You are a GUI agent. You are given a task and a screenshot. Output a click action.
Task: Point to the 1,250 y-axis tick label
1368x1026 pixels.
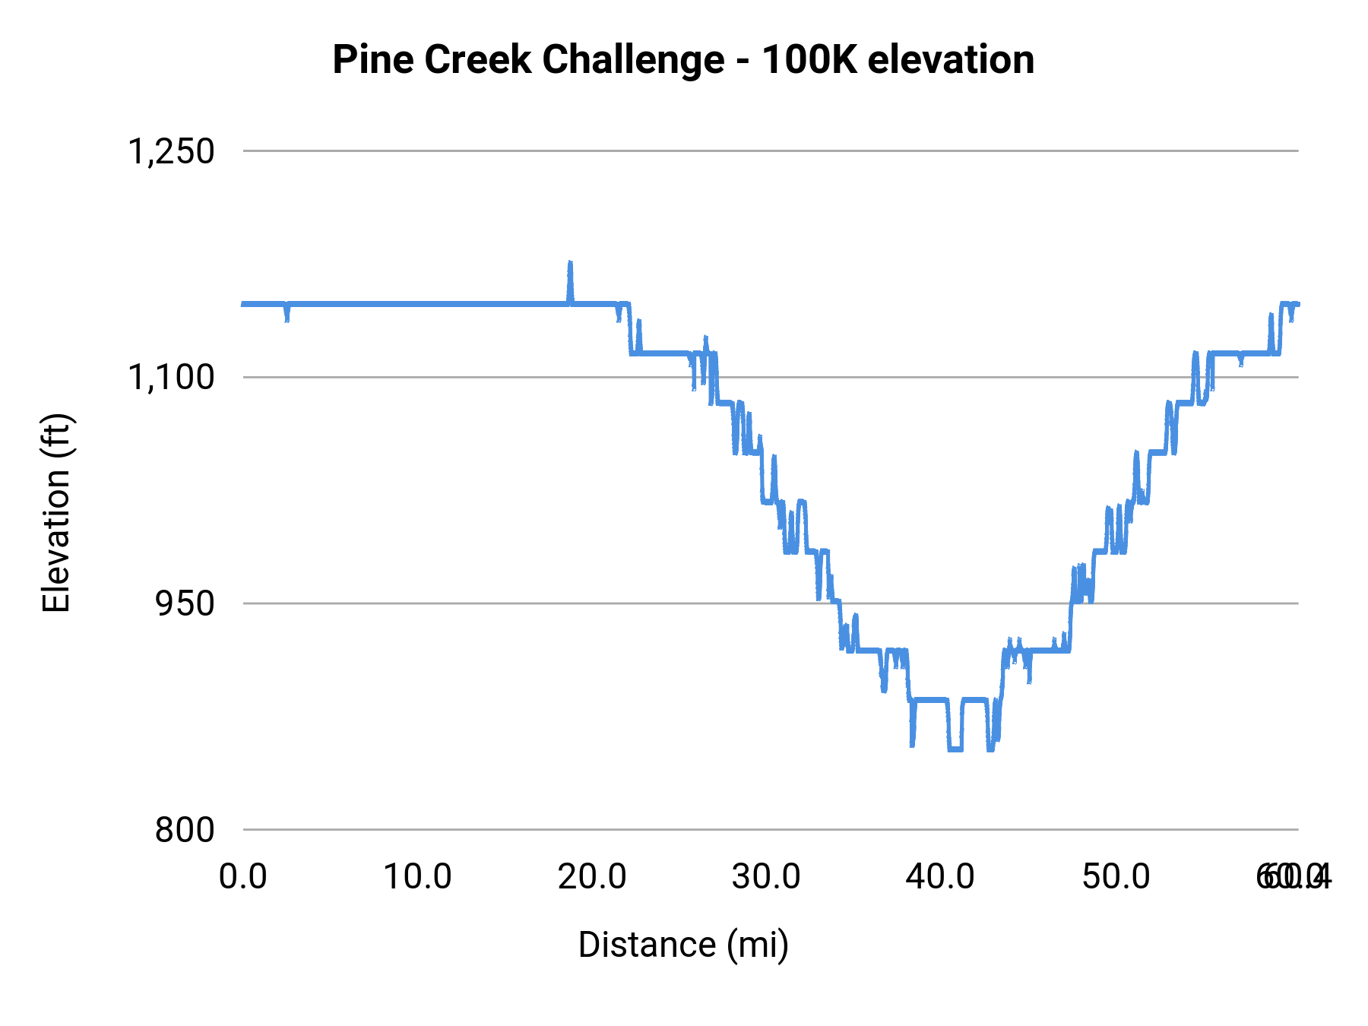pyautogui.click(x=171, y=151)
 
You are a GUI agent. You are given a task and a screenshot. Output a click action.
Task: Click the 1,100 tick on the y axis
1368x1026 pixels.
pyautogui.click(x=171, y=377)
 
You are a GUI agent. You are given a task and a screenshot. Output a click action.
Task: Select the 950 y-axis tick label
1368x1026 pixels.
pyautogui.click(x=185, y=603)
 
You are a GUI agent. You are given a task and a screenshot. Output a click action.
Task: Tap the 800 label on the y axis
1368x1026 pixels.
pyautogui.click(x=185, y=830)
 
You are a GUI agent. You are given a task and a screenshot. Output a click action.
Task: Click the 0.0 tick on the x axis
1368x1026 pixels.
pyautogui.click(x=243, y=877)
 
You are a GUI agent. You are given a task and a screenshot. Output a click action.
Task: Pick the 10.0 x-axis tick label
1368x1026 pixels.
pyautogui.click(x=417, y=877)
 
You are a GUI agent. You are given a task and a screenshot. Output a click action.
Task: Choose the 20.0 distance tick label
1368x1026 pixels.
pyautogui.click(x=592, y=877)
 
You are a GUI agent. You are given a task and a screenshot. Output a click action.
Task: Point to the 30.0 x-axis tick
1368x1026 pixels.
pyautogui.click(x=766, y=877)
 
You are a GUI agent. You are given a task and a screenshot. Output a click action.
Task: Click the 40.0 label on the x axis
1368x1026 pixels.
pyautogui.click(x=941, y=877)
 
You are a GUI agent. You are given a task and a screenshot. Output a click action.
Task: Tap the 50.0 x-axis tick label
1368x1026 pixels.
pyautogui.click(x=1116, y=877)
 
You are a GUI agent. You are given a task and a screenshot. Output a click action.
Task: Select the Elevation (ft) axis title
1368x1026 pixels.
pyautogui.click(x=56, y=513)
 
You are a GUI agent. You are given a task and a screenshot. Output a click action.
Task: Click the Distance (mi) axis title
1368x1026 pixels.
pyautogui.click(x=683, y=945)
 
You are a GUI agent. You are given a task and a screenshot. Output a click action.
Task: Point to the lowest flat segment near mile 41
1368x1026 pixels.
pyautogui.click(x=955, y=749)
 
